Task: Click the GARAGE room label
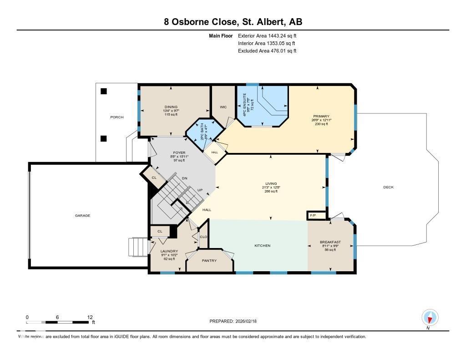tap(82, 216)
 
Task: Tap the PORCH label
tap(117, 117)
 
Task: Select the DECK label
tap(388, 188)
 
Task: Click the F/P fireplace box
tap(314, 215)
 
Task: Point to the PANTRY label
tap(209, 261)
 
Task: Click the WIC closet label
tap(223, 107)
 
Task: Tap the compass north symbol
tap(430, 317)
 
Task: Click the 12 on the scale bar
tap(90, 317)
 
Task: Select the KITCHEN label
tap(262, 246)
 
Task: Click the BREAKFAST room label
tap(330, 242)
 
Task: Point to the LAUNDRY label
tap(169, 251)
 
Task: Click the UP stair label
tap(200, 190)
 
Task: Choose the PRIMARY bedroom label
tap(321, 117)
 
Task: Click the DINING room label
tap(171, 107)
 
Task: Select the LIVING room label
tap(271, 183)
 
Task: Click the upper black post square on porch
tap(104, 91)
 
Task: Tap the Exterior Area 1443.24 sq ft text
tap(267, 35)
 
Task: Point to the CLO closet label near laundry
tap(203, 237)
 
